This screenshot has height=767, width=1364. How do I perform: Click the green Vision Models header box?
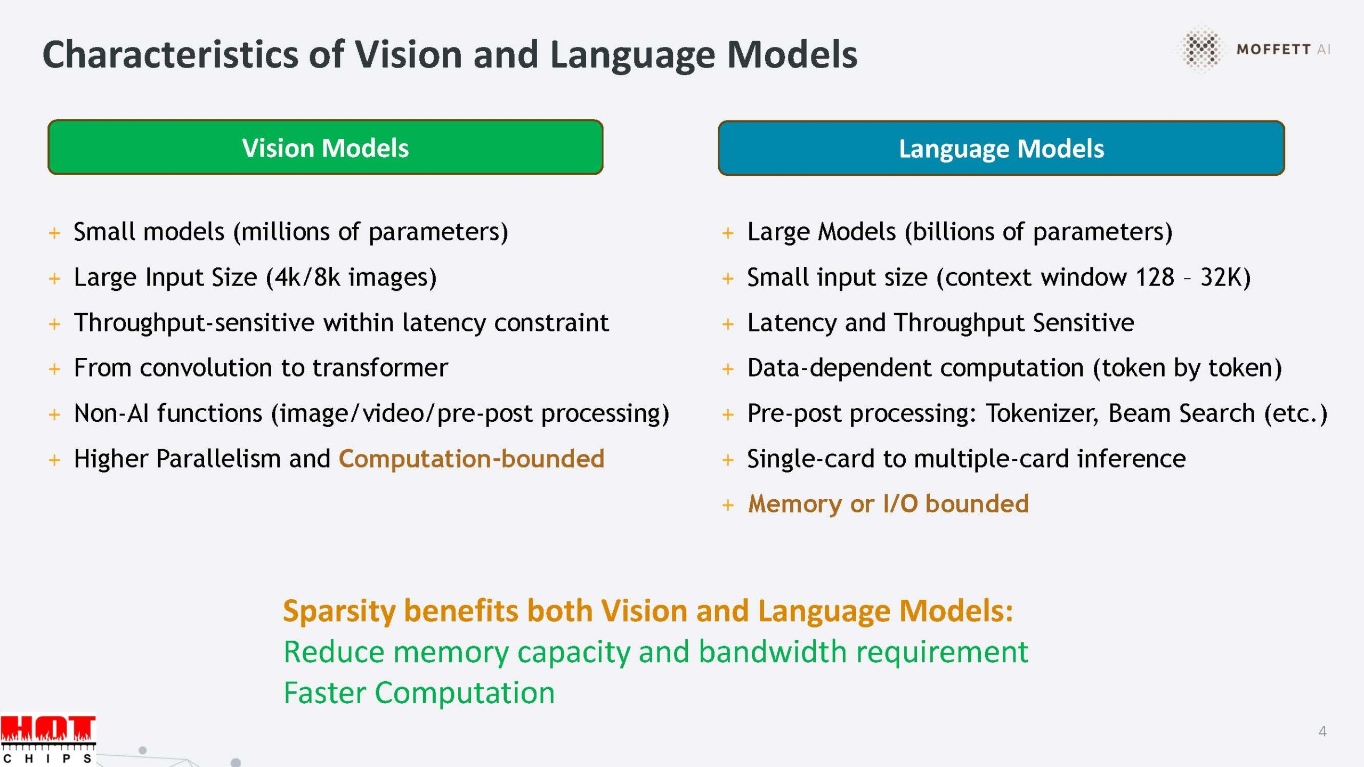[325, 147]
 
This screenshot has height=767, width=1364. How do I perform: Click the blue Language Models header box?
[1001, 148]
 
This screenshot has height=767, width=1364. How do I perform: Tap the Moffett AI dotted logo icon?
[1201, 48]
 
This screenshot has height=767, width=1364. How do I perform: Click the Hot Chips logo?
[48, 740]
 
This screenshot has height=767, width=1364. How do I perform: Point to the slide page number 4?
[1322, 731]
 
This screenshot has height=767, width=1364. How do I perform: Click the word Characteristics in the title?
[170, 54]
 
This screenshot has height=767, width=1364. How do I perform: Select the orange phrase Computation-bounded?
[472, 459]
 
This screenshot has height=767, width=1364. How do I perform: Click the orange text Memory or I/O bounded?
[888, 504]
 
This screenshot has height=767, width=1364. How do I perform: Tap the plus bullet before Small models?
[54, 233]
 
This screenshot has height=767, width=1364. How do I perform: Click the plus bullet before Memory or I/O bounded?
[728, 505]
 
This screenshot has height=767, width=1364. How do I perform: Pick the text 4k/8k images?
[352, 278]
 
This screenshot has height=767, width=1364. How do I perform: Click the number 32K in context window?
[1221, 278]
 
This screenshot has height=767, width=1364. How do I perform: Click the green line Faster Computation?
[419, 693]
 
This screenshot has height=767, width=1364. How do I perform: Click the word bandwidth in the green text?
[773, 651]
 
